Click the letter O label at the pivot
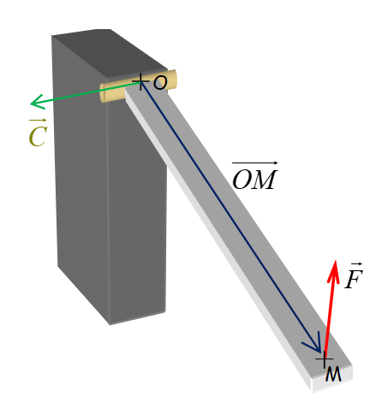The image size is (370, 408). point(160,83)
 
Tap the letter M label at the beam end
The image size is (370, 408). point(333,374)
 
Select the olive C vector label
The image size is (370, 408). point(38,133)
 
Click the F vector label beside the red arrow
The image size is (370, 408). point(354,275)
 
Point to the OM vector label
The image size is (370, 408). point(254,176)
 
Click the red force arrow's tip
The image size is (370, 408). point(336,260)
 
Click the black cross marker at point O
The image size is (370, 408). point(140,81)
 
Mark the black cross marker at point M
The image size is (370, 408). point(325,359)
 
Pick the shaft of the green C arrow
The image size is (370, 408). point(86,92)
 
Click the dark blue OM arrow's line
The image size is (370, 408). point(231,217)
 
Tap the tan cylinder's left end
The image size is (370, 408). point(104,93)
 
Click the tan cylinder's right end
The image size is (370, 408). point(173,79)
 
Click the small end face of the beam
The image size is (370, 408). point(332,379)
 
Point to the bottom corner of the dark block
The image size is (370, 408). point(110,324)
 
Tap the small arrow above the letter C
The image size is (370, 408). point(38,121)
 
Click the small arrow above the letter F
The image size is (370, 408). point(356,264)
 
